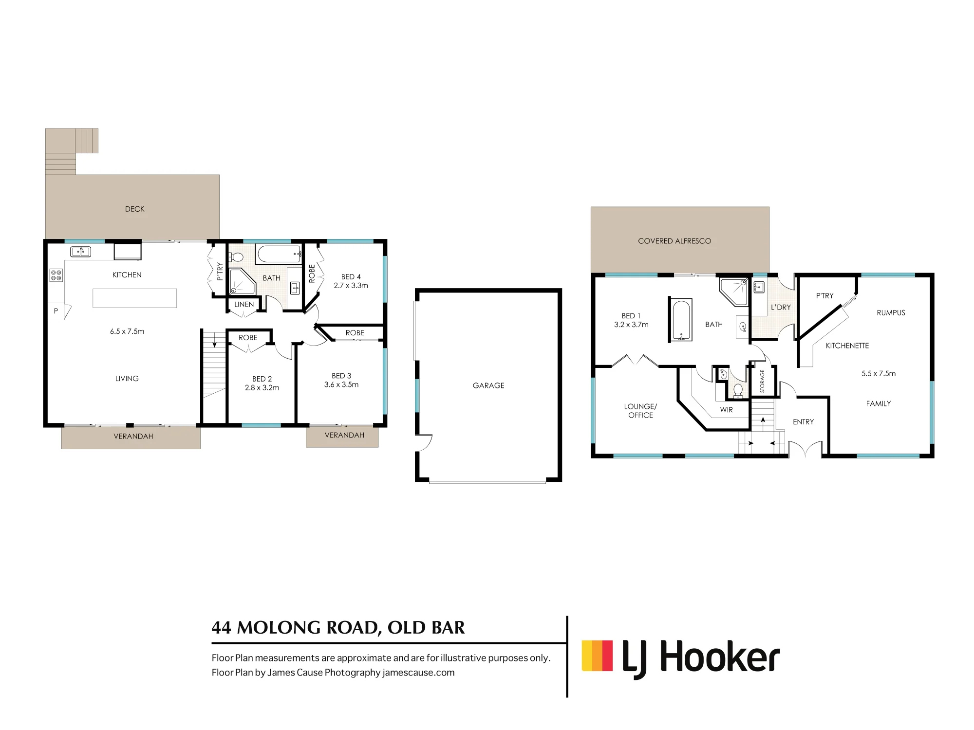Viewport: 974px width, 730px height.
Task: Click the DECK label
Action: pyautogui.click(x=134, y=209)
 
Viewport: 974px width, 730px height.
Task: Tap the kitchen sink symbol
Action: pyautogui.click(x=80, y=252)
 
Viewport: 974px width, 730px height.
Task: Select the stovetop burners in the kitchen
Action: pyautogui.click(x=56, y=275)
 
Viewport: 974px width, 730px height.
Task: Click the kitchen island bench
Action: pyautogui.click(x=134, y=298)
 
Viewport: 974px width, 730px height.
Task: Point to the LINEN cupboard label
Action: pyautogui.click(x=244, y=304)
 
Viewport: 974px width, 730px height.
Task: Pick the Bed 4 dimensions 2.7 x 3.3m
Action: pyautogui.click(x=351, y=286)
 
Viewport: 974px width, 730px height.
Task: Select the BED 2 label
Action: pyautogui.click(x=262, y=379)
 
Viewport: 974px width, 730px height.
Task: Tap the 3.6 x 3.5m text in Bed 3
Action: pyautogui.click(x=341, y=384)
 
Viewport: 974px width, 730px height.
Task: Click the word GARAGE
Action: pyautogui.click(x=488, y=385)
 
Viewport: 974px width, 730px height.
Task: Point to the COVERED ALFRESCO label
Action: pyautogui.click(x=674, y=241)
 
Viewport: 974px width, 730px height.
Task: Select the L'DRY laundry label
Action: pyautogui.click(x=781, y=307)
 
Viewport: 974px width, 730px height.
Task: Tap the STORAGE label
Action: pyautogui.click(x=762, y=381)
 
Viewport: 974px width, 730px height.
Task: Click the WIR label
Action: pyautogui.click(x=727, y=410)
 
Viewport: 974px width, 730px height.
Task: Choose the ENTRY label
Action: pyautogui.click(x=803, y=422)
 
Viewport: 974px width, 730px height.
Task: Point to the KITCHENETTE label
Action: pyautogui.click(x=847, y=346)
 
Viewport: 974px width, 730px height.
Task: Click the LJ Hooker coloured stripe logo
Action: pyautogui.click(x=597, y=655)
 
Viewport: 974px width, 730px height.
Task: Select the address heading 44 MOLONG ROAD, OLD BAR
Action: pyautogui.click(x=338, y=628)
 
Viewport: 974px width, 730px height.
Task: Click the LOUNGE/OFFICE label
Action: pyautogui.click(x=640, y=411)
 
